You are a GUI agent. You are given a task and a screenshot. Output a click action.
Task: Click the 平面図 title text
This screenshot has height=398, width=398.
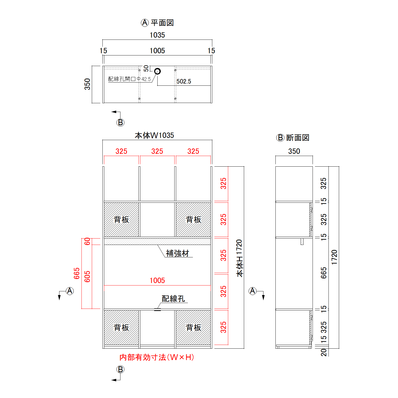coord(162,23)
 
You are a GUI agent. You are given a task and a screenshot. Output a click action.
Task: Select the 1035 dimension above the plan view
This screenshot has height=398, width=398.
coord(157,35)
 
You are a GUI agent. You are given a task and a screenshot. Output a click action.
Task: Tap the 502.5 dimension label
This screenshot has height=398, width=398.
coord(184,81)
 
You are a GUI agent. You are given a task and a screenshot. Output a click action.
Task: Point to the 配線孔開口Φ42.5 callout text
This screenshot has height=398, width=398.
coord(129,79)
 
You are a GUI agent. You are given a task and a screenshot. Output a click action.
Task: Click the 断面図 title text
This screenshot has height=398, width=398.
coord(298,138)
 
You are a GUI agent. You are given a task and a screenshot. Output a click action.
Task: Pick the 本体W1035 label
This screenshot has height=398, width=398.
coord(154,135)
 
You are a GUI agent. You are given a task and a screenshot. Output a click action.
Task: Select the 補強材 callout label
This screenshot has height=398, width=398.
coord(177,253)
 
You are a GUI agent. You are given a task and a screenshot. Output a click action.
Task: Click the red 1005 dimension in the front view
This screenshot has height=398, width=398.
coord(157,280)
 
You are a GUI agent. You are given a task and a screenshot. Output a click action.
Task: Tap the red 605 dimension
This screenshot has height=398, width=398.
coord(87,276)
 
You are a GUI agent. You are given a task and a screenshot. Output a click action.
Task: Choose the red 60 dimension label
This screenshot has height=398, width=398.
coord(87,241)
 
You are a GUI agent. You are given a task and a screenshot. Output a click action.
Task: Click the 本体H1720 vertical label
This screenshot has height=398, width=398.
coord(239,258)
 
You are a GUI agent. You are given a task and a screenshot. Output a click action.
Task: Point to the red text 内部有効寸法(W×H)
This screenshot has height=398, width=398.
coord(157,357)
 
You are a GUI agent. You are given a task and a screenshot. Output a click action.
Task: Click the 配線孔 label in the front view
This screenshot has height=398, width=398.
coord(173,299)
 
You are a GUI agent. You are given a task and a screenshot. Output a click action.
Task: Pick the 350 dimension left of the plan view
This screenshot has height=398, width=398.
coord(87,84)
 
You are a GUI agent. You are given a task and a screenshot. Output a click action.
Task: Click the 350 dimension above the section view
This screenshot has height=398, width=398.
coord(294,151)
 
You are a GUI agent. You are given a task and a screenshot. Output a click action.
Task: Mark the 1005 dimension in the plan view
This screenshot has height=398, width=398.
coord(157,51)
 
